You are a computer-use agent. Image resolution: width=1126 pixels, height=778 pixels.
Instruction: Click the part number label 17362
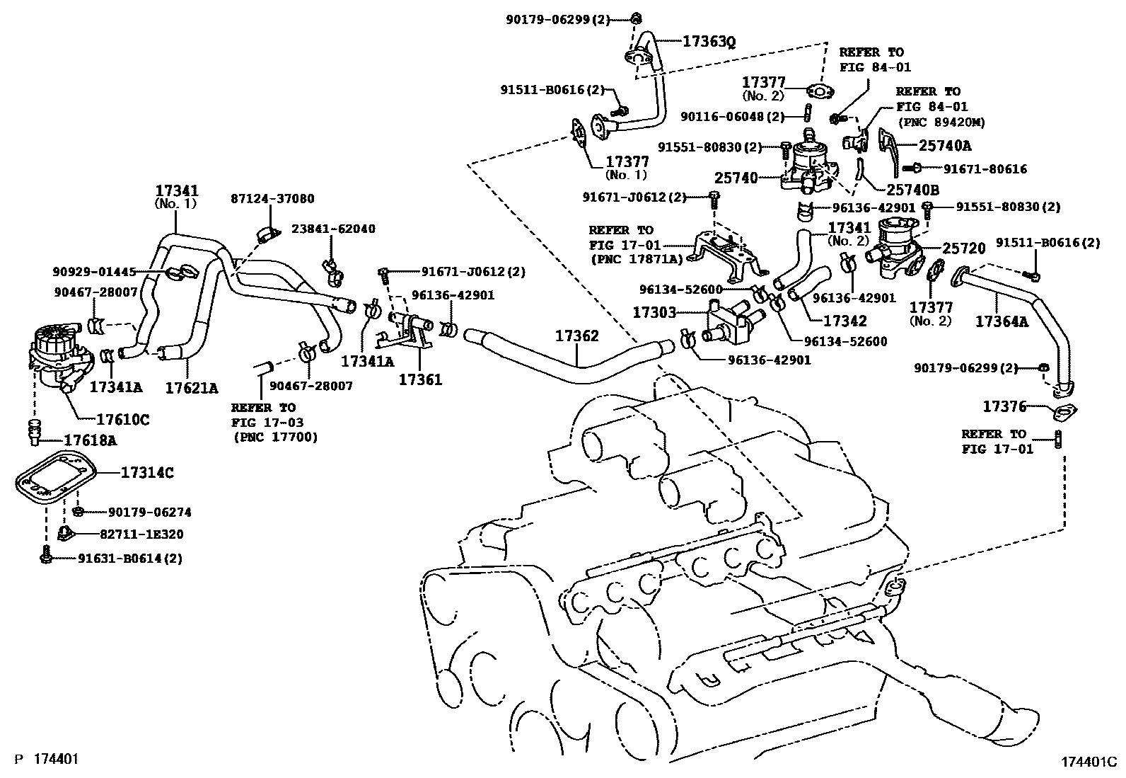coord(576,336)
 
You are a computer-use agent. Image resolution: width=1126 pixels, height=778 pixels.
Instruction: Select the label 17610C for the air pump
coord(123,419)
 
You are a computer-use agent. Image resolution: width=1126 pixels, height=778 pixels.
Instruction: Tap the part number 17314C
coord(147,473)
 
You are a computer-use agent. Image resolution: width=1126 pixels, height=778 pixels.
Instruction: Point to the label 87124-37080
coord(272,199)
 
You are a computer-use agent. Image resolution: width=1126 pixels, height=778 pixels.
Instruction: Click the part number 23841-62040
coord(333,229)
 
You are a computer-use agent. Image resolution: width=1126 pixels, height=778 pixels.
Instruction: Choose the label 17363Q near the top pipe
coord(709,41)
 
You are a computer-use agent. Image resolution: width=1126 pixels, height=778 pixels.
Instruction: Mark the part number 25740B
coord(913,190)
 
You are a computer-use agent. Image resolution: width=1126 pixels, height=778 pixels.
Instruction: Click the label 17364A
coord(1002,321)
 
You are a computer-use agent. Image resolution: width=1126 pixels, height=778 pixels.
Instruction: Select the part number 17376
coord(1004,406)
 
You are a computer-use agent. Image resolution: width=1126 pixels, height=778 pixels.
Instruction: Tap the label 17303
coord(654,312)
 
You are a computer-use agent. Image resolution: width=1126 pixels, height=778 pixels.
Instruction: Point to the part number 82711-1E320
coord(141,534)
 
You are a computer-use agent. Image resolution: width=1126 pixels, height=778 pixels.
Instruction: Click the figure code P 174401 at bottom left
coord(46,759)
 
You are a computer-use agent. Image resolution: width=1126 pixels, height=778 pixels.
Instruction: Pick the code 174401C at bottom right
coord(1089,762)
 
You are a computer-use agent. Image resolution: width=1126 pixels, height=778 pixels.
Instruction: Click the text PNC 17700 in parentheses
coord(276,437)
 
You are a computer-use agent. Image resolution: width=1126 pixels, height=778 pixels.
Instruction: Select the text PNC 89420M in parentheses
coord(941,122)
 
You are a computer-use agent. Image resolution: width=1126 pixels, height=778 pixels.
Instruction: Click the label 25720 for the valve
coord(963,248)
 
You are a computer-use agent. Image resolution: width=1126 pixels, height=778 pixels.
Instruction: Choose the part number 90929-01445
coord(95,273)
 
